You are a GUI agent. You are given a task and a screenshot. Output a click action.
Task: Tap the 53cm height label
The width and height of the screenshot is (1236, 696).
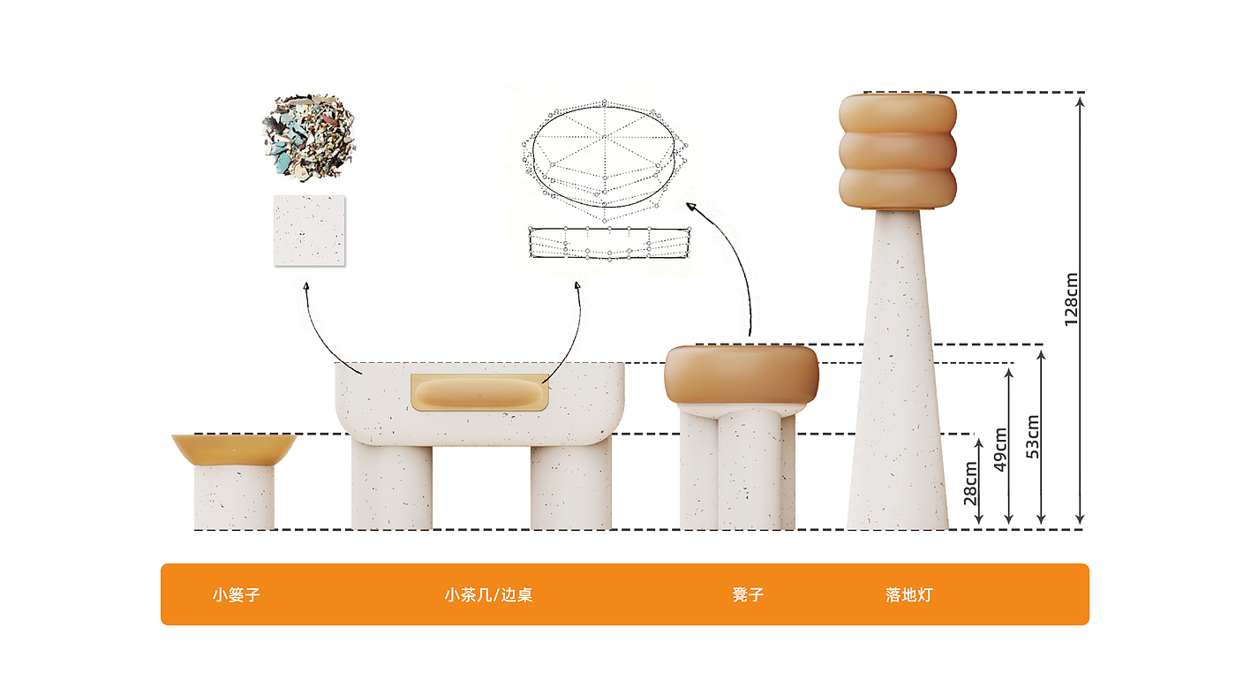pos(1033,436)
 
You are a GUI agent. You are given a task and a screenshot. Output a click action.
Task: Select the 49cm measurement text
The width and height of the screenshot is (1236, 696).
pos(1000,450)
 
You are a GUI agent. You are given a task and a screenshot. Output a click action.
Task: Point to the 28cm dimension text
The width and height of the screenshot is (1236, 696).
pos(970,483)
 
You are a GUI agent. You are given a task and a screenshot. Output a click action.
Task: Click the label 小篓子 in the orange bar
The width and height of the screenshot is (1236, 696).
pos(236,594)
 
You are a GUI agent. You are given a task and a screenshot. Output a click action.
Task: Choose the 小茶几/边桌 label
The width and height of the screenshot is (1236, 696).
pos(488,594)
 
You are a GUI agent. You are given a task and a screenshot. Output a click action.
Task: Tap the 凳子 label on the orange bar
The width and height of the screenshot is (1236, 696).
pos(748,594)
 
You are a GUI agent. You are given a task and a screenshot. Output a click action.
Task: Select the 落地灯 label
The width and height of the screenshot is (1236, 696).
pos(908,594)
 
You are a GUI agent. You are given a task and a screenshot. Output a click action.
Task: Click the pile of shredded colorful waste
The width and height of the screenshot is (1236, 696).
pos(308,134)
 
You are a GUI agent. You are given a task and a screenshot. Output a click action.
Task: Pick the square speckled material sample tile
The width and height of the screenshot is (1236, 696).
pos(309,231)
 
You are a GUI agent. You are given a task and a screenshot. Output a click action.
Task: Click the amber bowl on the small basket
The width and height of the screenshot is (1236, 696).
pos(233,449)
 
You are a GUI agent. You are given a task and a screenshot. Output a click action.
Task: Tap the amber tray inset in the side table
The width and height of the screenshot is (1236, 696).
pos(479,393)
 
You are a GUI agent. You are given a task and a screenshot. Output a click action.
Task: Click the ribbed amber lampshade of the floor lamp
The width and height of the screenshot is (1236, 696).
pos(897,151)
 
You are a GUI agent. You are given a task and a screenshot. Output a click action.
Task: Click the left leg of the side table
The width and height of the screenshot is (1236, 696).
pos(392,486)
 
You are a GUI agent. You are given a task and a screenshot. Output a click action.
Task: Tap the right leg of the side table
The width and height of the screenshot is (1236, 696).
pos(571,486)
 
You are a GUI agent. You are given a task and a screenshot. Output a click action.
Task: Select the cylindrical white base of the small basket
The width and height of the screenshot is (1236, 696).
pos(234,497)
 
